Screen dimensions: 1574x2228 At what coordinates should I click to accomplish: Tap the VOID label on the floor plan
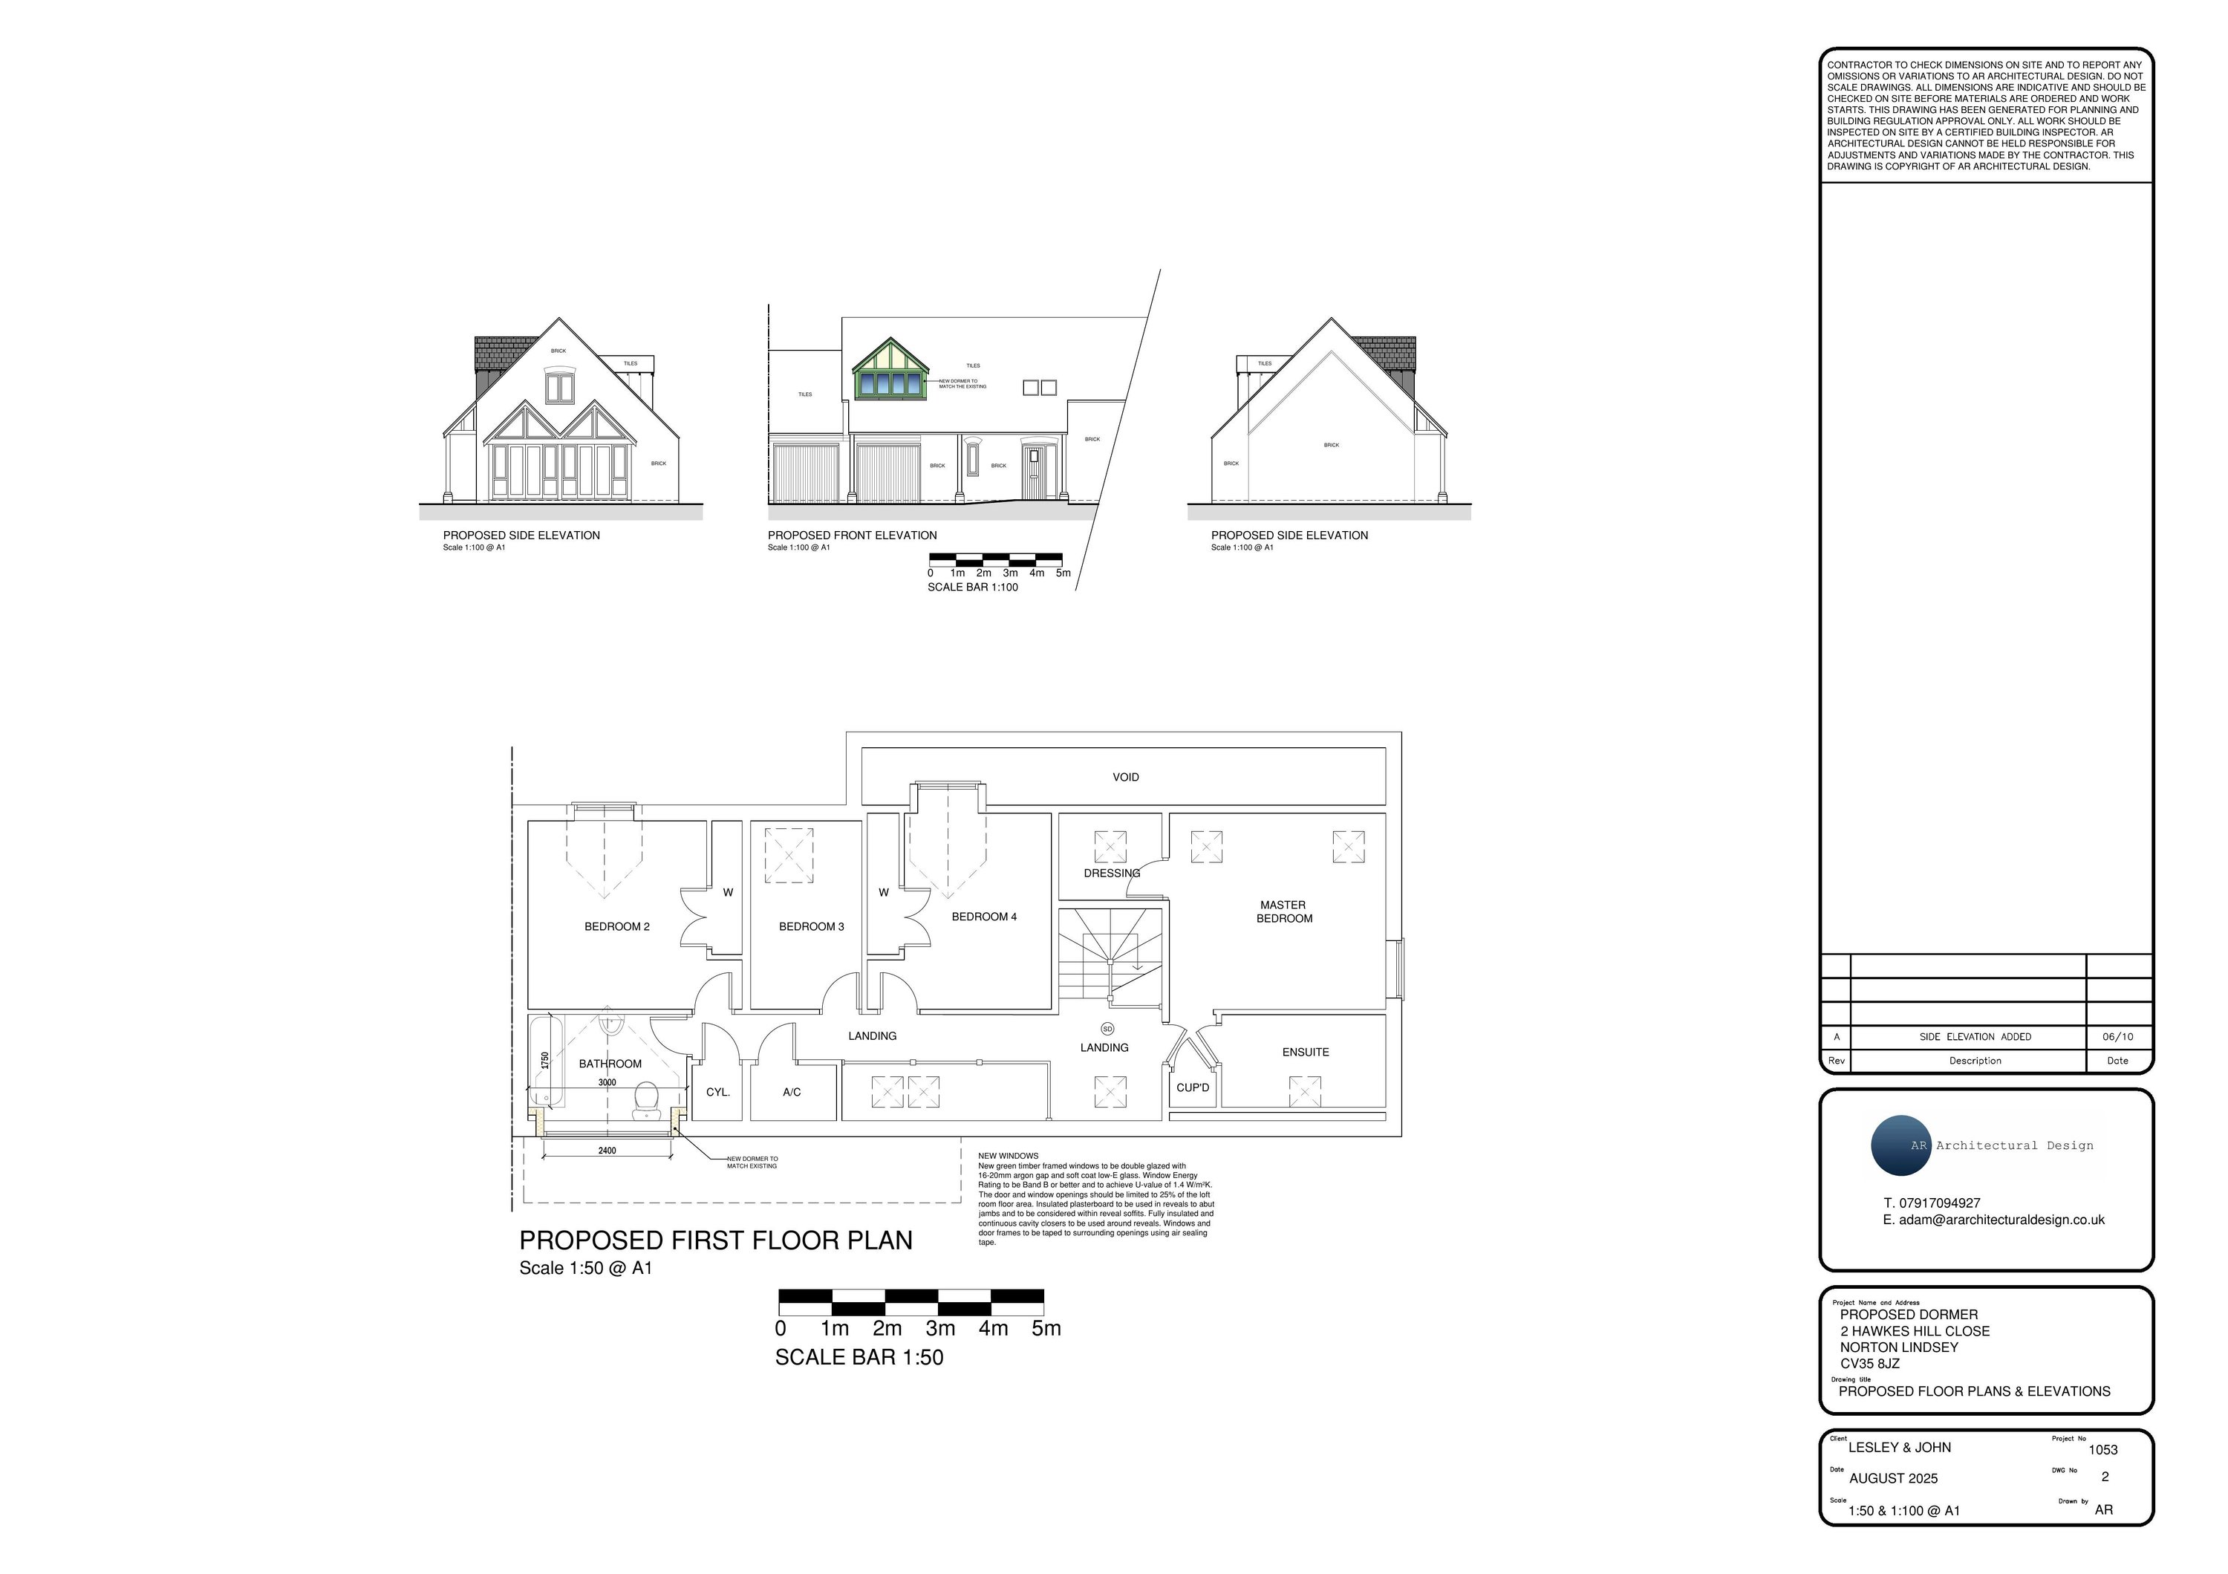pos(1126,777)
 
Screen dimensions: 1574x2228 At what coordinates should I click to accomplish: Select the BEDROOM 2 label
pos(617,927)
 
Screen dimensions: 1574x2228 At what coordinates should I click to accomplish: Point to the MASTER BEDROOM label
pos(1284,912)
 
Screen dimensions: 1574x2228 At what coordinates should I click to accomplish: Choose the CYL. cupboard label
pos(718,1092)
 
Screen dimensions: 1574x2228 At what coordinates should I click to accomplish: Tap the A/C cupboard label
pos(792,1092)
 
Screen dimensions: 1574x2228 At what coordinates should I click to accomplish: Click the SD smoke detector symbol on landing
pos(1107,1029)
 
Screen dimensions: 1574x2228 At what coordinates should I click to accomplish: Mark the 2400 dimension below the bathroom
pos(607,1151)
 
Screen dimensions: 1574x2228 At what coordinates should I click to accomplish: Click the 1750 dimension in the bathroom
pos(545,1061)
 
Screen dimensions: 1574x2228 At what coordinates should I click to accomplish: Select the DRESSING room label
pos(1112,874)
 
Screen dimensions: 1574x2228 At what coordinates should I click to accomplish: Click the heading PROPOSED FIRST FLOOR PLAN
pos(715,1241)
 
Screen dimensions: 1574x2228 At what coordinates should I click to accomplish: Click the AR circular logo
pos(1901,1146)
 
